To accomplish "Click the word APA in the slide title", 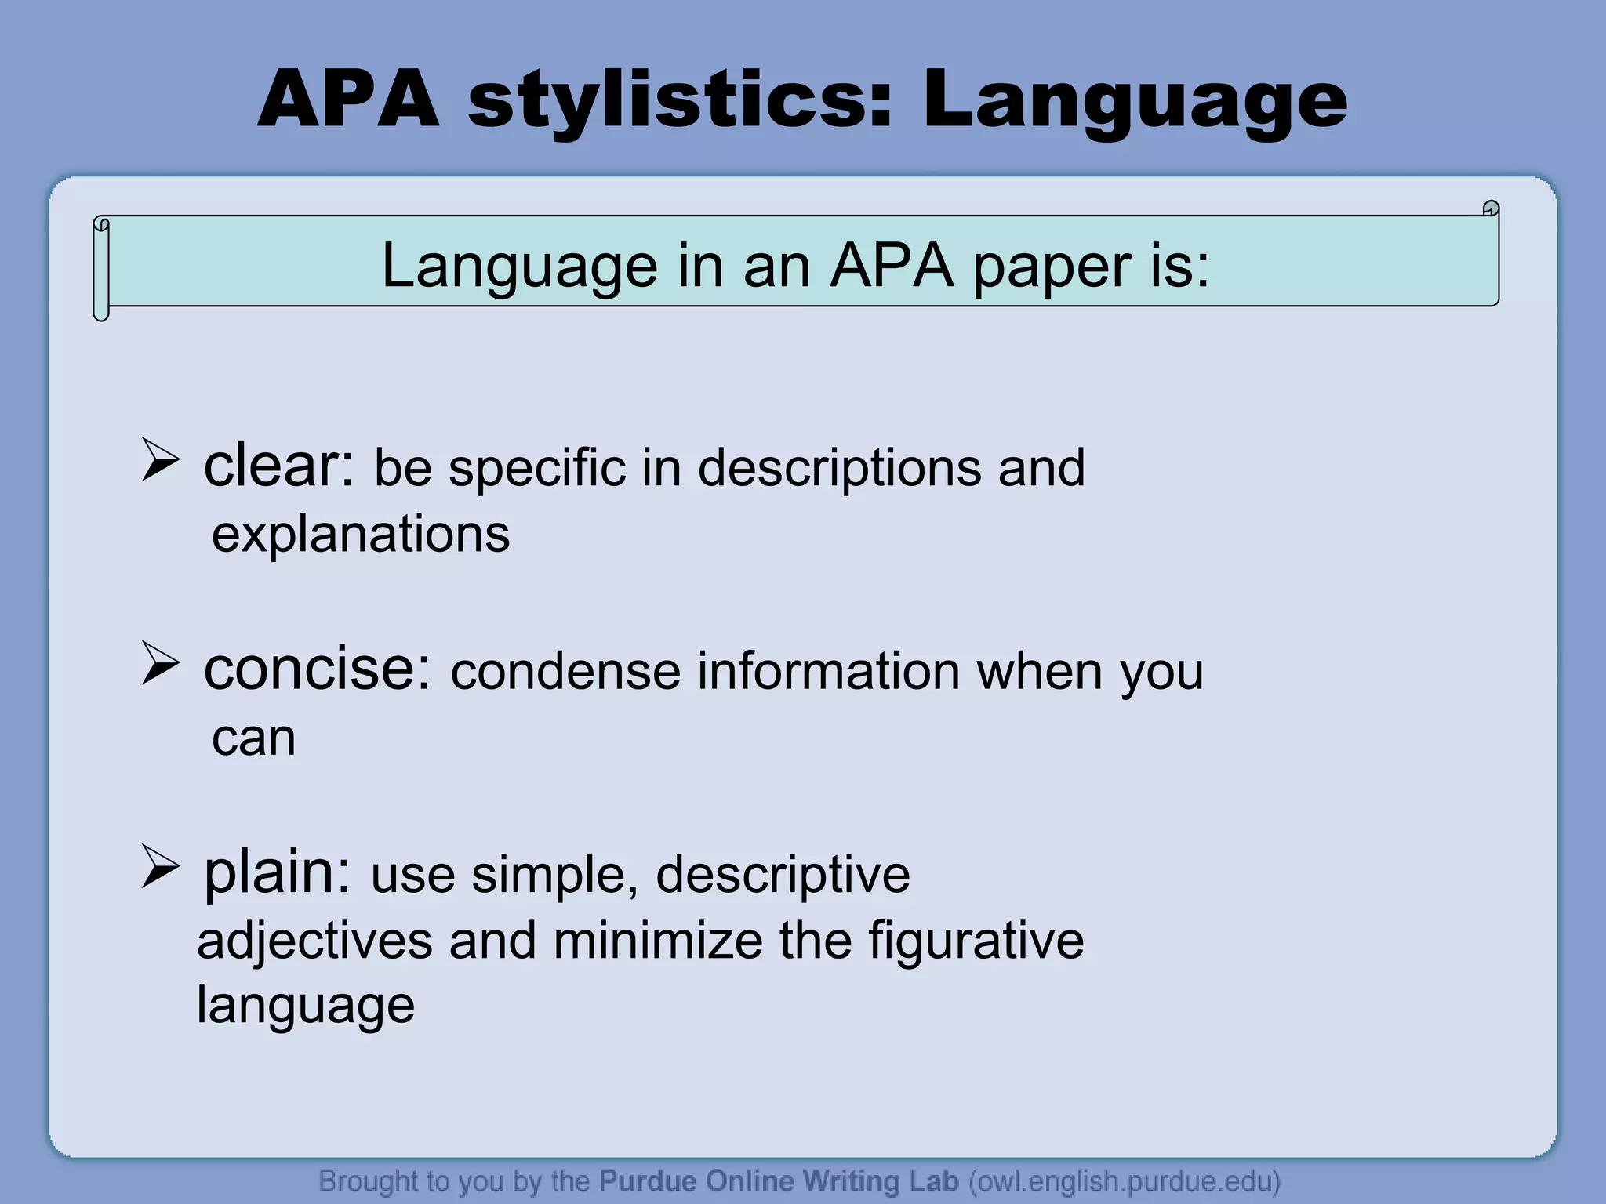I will coord(348,100).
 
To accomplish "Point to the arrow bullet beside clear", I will coord(161,461).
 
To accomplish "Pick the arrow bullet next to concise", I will coord(161,663).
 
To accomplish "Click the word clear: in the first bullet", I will coord(279,466).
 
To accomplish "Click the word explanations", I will coord(361,535).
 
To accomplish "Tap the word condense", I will coord(565,672).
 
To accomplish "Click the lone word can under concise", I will coord(253,738).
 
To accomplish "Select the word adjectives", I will coord(314,941).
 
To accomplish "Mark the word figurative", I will coord(976,941).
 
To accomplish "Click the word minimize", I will coord(657,941).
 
